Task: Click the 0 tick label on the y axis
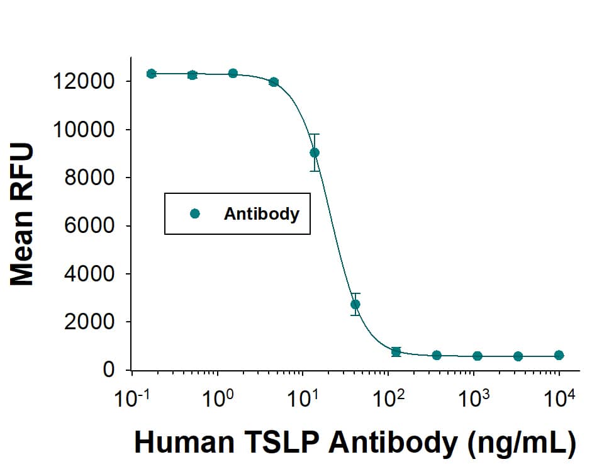[109, 370]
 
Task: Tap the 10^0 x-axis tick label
[217, 399]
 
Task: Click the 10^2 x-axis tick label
[388, 399]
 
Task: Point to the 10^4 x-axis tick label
[559, 399]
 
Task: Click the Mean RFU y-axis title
[23, 215]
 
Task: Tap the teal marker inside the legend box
[194, 213]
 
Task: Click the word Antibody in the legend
[261, 214]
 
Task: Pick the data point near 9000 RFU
[315, 152]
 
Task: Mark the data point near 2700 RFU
[355, 304]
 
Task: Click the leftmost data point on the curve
[151, 74]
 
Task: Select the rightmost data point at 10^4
[559, 355]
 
